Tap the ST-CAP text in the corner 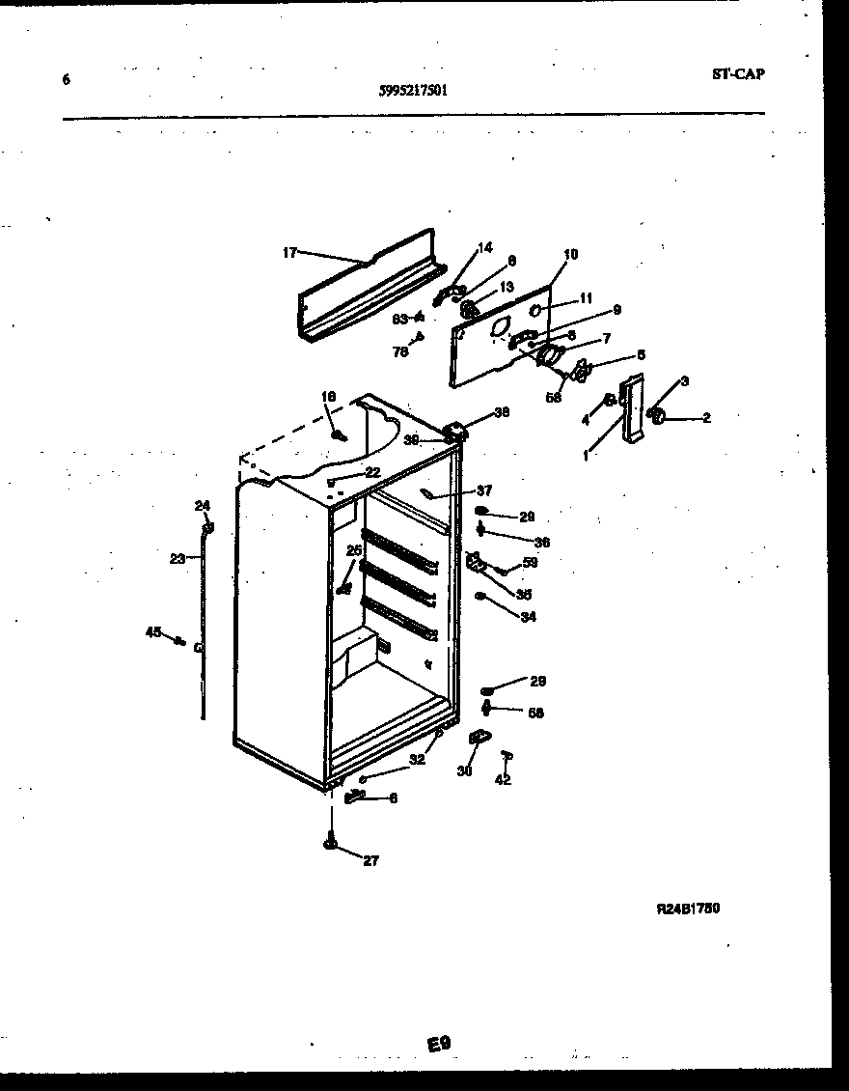pyautogui.click(x=738, y=73)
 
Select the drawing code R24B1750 pyautogui.click(x=688, y=909)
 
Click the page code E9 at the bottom pyautogui.click(x=439, y=1043)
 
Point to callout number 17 pyautogui.click(x=289, y=253)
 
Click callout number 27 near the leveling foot pyautogui.click(x=371, y=861)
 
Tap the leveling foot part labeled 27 pyautogui.click(x=332, y=844)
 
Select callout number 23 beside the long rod pyautogui.click(x=177, y=558)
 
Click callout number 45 pyautogui.click(x=152, y=632)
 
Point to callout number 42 pyautogui.click(x=503, y=780)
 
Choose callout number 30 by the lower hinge pyautogui.click(x=465, y=770)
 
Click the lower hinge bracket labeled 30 pyautogui.click(x=478, y=739)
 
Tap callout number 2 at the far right pyautogui.click(x=706, y=418)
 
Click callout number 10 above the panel pyautogui.click(x=570, y=254)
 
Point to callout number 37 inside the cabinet pyautogui.click(x=483, y=490)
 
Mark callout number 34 pyautogui.click(x=528, y=617)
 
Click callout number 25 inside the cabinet pyautogui.click(x=354, y=550)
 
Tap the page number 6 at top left pyautogui.click(x=66, y=79)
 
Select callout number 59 pyautogui.click(x=530, y=563)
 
